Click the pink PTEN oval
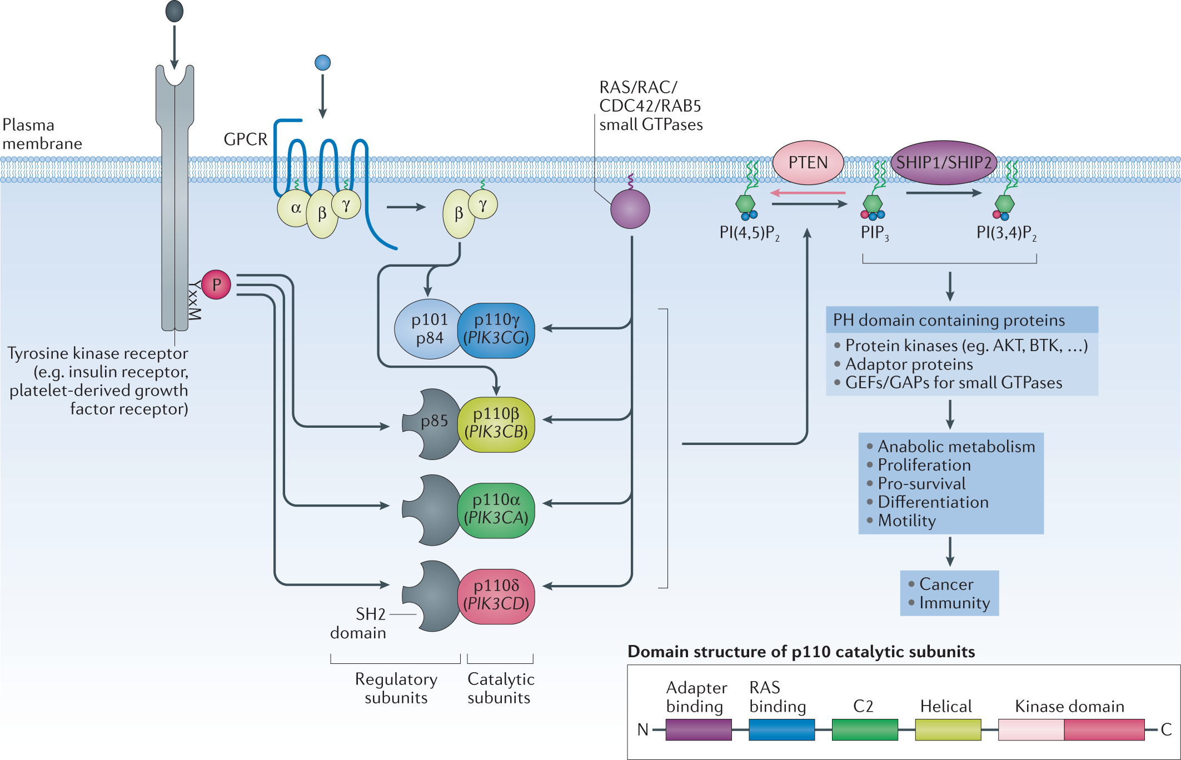(808, 162)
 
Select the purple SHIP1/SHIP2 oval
(943, 162)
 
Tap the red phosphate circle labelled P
(216, 284)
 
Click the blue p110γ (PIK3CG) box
(496, 330)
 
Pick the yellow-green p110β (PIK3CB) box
(496, 424)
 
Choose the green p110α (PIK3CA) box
(496, 510)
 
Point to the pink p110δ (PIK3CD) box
(496, 596)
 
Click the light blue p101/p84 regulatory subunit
(428, 329)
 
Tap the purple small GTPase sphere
(630, 209)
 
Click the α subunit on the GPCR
(295, 208)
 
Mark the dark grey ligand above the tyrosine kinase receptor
(175, 11)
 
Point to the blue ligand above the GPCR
(322, 62)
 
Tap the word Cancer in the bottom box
(946, 584)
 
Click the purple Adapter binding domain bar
(698, 729)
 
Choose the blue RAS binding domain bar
(781, 729)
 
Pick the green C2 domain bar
(864, 729)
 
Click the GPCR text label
(245, 139)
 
